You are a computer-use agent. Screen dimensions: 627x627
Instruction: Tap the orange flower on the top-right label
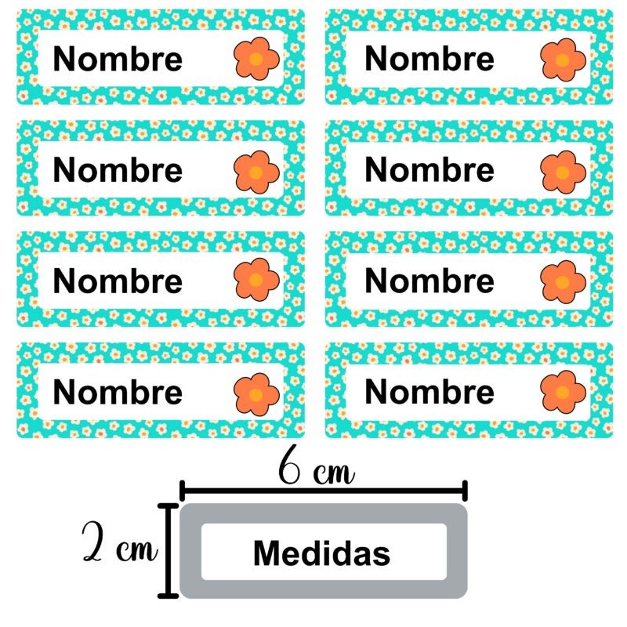pos(563,59)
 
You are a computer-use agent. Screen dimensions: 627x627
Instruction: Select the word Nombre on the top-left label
pos(118,59)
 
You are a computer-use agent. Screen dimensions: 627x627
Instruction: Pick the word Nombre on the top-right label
pos(429,59)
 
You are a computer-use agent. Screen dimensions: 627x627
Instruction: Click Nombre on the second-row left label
pos(118,170)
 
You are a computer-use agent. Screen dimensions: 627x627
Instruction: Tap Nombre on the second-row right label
pos(429,170)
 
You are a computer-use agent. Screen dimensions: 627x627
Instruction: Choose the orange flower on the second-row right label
pos(563,170)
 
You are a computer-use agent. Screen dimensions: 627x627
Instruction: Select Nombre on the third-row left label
pos(118,281)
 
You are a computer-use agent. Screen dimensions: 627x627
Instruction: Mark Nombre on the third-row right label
pos(429,281)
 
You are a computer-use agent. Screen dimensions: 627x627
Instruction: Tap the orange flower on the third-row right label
pos(563,281)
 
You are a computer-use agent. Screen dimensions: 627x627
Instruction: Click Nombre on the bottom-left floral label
pos(118,392)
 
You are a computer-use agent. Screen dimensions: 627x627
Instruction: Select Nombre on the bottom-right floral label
pos(429,392)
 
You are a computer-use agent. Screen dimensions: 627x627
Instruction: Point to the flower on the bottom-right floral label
pos(563,392)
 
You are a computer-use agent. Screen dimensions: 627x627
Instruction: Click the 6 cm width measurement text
pos(317,470)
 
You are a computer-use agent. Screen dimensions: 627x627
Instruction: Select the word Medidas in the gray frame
pos(321,553)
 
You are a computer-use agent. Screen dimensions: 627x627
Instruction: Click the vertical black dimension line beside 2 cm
pos(166,551)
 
